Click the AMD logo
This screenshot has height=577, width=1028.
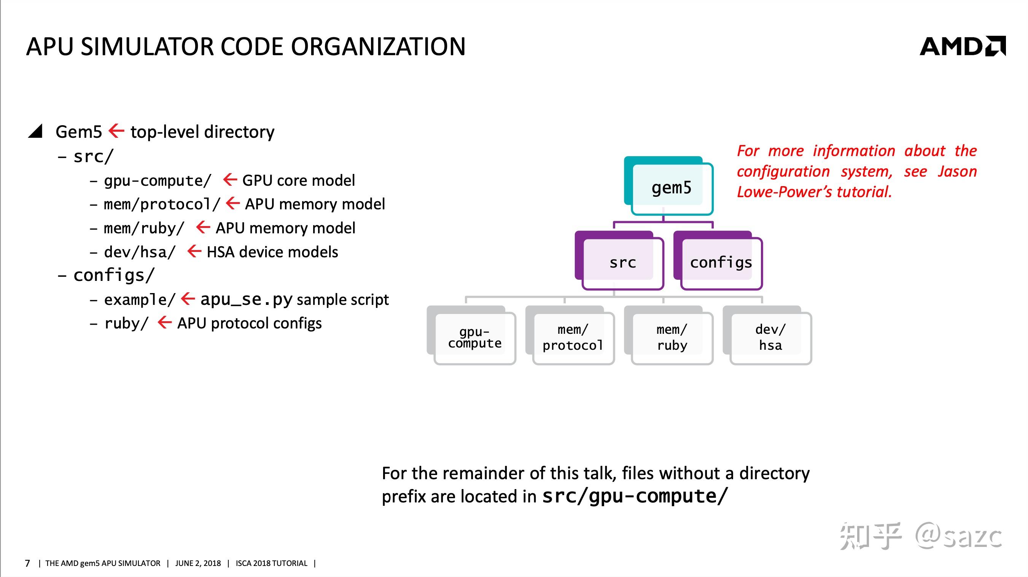[962, 46]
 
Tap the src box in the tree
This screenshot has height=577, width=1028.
[622, 262]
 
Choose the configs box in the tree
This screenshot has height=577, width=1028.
[721, 262]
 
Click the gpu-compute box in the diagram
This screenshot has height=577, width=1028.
[474, 338]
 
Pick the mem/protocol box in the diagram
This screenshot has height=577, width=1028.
[573, 338]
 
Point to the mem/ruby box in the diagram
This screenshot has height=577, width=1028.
[672, 338]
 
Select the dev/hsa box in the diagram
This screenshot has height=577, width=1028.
[770, 338]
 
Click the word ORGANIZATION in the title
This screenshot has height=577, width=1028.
[378, 47]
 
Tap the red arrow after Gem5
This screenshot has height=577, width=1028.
[116, 131]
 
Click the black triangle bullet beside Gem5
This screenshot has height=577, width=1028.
[36, 131]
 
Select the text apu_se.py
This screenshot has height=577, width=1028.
[246, 300]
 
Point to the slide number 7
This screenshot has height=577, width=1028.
[27, 563]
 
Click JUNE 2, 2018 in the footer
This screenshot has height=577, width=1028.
[198, 563]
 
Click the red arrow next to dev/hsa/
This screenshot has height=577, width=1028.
[194, 252]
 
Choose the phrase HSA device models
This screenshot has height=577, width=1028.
[272, 252]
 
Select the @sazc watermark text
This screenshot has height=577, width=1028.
[958, 536]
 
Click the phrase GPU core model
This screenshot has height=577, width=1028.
[298, 180]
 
